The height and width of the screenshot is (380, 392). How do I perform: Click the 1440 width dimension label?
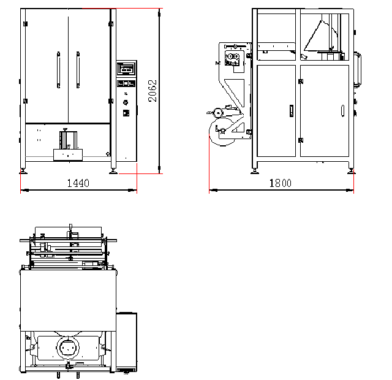[x=78, y=183]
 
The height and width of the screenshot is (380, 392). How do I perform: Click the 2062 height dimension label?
[x=153, y=91]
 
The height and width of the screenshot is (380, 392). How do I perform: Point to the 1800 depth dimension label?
[x=281, y=183]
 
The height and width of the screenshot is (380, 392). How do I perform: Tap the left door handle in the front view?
[x=58, y=70]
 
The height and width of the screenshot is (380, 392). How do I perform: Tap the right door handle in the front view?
[x=78, y=70]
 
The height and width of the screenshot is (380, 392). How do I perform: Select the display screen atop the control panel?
[x=127, y=68]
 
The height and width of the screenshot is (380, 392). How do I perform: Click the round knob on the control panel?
[x=126, y=102]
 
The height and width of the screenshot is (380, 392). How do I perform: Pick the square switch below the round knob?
[x=126, y=113]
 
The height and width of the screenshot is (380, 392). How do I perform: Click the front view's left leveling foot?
[x=23, y=171]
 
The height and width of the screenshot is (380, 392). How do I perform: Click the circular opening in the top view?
[x=68, y=348]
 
